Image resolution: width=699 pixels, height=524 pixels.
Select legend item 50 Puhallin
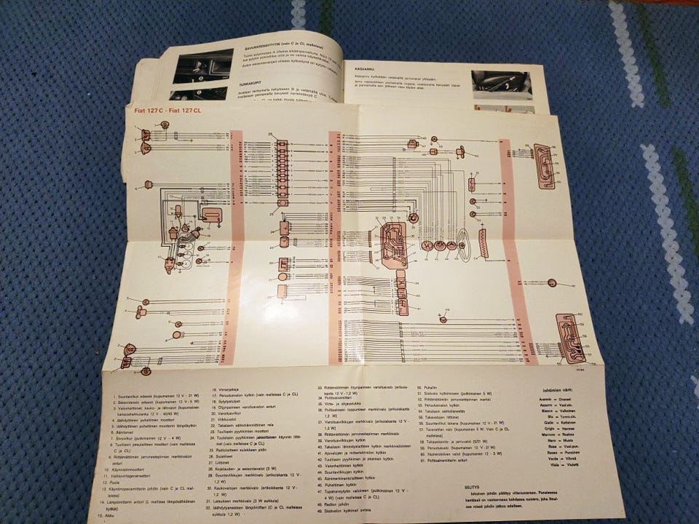point(429,389)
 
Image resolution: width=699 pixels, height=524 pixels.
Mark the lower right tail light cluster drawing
point(571,338)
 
